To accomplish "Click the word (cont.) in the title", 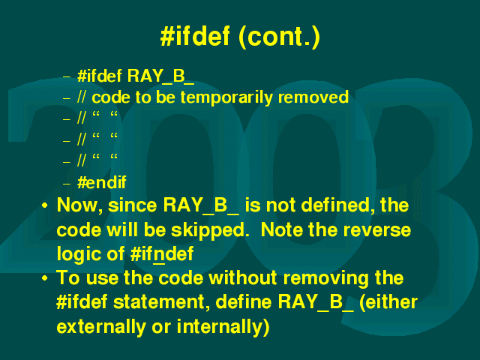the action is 279,37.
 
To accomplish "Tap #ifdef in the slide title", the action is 195,36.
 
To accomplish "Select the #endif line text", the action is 102,182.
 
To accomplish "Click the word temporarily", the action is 226,98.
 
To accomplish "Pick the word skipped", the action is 210,230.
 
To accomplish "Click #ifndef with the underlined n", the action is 162,254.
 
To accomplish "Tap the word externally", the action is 101,327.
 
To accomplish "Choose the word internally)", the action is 223,326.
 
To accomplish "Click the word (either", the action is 388,302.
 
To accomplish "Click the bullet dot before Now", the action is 45,205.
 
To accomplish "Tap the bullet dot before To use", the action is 45,278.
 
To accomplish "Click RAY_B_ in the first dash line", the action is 160,76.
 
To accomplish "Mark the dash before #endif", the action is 67,184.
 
